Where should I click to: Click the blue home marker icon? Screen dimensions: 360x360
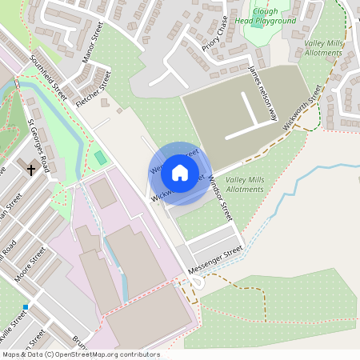(x=180, y=173)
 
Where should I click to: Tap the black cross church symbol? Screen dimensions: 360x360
(x=31, y=170)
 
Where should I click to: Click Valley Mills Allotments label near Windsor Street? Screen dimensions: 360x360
(x=244, y=185)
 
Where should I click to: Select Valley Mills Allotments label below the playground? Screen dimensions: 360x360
(x=323, y=48)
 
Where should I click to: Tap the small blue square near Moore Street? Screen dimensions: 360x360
(x=26, y=306)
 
